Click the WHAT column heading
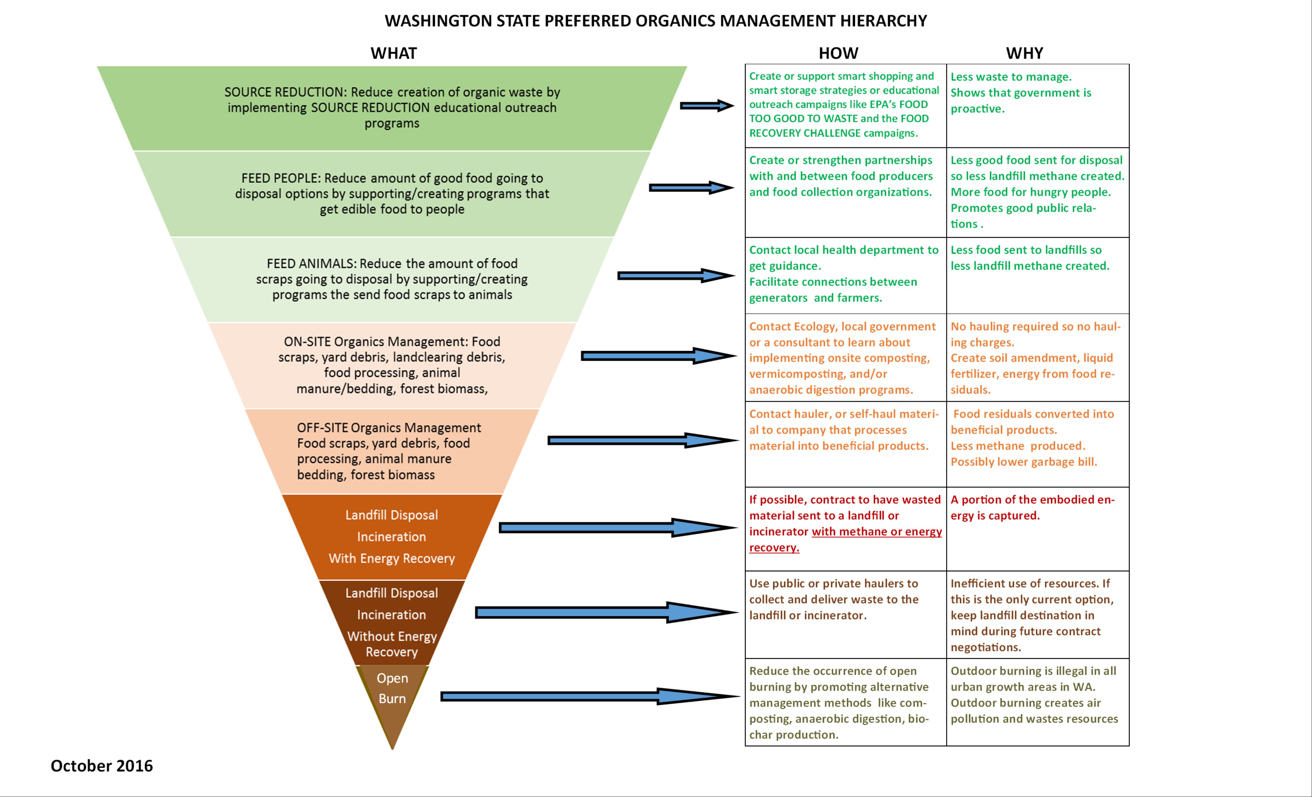(x=394, y=53)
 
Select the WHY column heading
(x=1025, y=53)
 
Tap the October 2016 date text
(x=102, y=765)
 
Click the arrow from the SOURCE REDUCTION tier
(x=707, y=106)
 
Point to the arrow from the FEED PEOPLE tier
(x=691, y=188)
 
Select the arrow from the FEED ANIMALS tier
(x=676, y=275)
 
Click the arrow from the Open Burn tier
(x=590, y=696)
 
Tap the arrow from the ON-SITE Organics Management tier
(x=659, y=356)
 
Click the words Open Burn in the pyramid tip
(x=392, y=688)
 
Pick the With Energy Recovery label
(x=392, y=558)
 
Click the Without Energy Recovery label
(x=392, y=644)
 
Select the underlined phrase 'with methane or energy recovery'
(x=846, y=539)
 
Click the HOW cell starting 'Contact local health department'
(x=846, y=275)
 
